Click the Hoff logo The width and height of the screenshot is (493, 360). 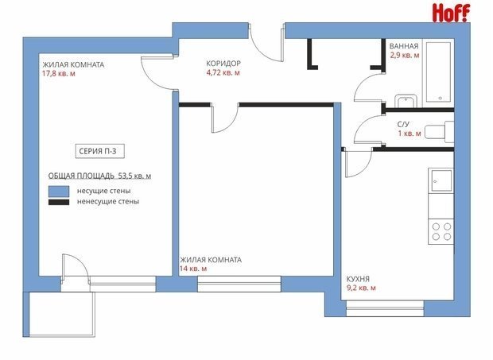[x=451, y=14]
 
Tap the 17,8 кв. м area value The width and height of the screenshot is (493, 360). [x=59, y=74]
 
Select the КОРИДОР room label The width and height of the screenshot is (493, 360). [x=223, y=64]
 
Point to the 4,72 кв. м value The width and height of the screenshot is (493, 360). [x=223, y=73]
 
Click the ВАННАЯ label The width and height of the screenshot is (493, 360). [x=404, y=46]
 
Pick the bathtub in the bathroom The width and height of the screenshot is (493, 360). [x=439, y=72]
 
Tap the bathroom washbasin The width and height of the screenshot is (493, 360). [x=406, y=100]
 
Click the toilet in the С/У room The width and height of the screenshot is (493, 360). [x=439, y=130]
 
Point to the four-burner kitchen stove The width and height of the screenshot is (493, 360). [x=441, y=231]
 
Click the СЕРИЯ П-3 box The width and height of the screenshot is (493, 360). [x=100, y=151]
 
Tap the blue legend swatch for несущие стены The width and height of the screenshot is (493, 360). [x=59, y=192]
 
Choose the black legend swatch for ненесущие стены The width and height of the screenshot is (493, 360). [x=59, y=202]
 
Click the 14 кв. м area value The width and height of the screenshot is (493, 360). [x=193, y=269]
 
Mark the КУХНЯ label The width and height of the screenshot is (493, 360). [x=358, y=279]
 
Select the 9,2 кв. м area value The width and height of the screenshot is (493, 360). [x=361, y=288]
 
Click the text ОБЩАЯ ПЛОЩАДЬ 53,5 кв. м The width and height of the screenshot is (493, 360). [x=99, y=176]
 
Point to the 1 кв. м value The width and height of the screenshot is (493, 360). [x=410, y=134]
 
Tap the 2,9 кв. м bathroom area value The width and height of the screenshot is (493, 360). [x=404, y=56]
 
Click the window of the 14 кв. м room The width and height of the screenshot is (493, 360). [x=239, y=284]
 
